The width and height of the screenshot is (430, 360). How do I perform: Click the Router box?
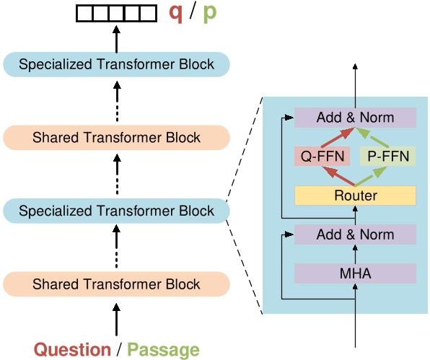click(x=355, y=196)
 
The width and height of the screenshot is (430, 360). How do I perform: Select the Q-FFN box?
click(x=321, y=155)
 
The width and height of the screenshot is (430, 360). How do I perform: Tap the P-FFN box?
click(x=389, y=155)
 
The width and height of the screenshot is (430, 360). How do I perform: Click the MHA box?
click(x=355, y=273)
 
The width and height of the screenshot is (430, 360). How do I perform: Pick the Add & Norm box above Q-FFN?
click(x=355, y=117)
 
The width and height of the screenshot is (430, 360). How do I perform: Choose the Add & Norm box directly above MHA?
click(x=355, y=234)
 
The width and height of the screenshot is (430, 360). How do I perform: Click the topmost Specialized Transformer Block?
click(x=116, y=64)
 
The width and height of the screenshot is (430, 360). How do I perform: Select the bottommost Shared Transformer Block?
click(x=116, y=284)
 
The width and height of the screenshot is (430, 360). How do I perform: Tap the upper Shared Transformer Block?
click(x=116, y=137)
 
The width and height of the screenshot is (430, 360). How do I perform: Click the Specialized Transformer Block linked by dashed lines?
click(x=116, y=211)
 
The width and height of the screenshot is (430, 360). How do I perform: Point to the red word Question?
click(x=72, y=350)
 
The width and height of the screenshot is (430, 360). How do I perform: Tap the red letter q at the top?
click(x=175, y=12)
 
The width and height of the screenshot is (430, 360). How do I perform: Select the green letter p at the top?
click(x=209, y=13)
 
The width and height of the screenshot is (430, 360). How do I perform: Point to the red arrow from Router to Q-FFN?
click(x=335, y=175)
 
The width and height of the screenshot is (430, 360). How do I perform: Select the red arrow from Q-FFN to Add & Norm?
click(x=335, y=136)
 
